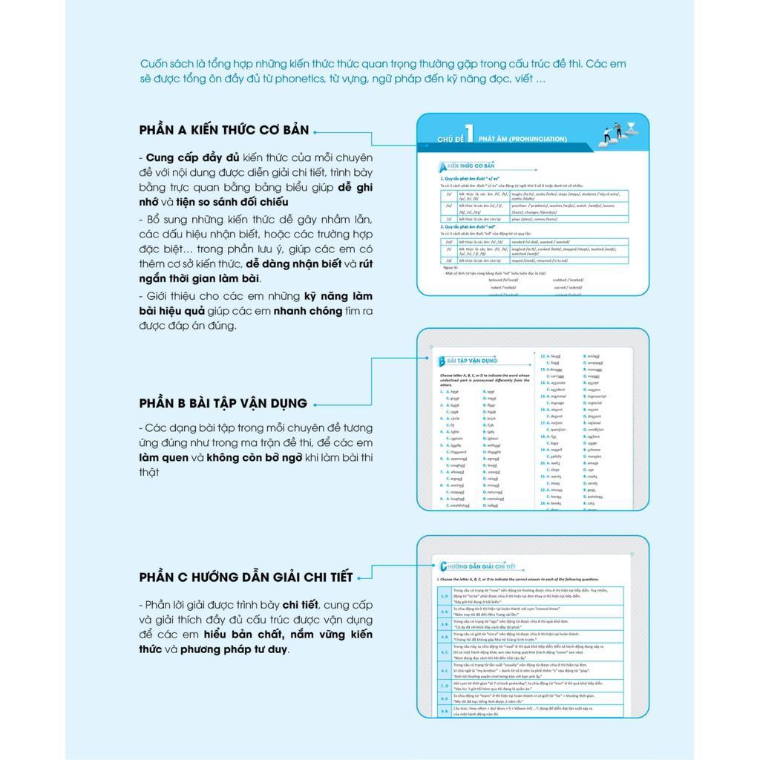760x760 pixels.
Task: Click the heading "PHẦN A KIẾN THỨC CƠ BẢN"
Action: coord(223,130)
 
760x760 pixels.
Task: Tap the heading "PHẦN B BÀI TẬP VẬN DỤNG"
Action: coord(223,403)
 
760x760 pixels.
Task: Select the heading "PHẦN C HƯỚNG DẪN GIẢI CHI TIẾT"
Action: coord(245,577)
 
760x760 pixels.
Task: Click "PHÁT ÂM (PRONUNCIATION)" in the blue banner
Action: coord(522,139)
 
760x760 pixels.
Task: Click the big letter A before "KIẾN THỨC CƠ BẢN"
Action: coord(442,166)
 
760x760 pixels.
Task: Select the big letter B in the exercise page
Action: coord(441,361)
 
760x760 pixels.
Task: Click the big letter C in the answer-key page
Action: coord(443,566)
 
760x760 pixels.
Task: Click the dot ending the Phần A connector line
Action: coord(316,131)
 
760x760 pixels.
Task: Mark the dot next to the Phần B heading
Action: coord(315,404)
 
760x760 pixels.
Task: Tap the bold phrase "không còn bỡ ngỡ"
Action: coord(255,457)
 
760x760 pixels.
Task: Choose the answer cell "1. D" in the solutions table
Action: coord(444,595)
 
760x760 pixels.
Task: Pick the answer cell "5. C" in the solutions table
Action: coord(444,652)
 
